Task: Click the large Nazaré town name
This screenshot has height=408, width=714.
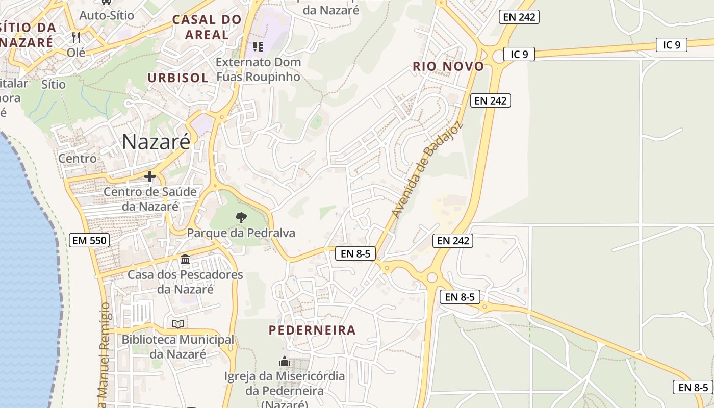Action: [156, 142]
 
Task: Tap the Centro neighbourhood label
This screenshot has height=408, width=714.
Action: [78, 159]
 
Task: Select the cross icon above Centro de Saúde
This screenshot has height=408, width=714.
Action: [150, 177]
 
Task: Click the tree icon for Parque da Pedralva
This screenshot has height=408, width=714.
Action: [241, 218]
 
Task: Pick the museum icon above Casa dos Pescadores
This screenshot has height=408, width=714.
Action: [185, 260]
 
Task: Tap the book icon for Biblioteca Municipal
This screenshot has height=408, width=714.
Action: [177, 324]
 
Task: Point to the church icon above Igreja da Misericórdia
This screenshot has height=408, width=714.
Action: [284, 362]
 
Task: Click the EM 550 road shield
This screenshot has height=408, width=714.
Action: [89, 240]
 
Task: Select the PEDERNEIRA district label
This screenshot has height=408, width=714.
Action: [312, 330]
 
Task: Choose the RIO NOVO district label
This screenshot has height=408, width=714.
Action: [448, 66]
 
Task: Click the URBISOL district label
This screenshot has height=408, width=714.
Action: [178, 78]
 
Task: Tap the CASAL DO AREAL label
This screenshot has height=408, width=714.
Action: [207, 28]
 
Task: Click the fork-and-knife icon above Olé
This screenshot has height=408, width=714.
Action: [76, 37]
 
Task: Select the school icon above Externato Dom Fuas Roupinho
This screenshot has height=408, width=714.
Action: [258, 47]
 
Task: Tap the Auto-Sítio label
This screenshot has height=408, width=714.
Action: [107, 15]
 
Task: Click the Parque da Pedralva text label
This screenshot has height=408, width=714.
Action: [241, 233]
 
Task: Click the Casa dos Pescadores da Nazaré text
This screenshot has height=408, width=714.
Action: [185, 282]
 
